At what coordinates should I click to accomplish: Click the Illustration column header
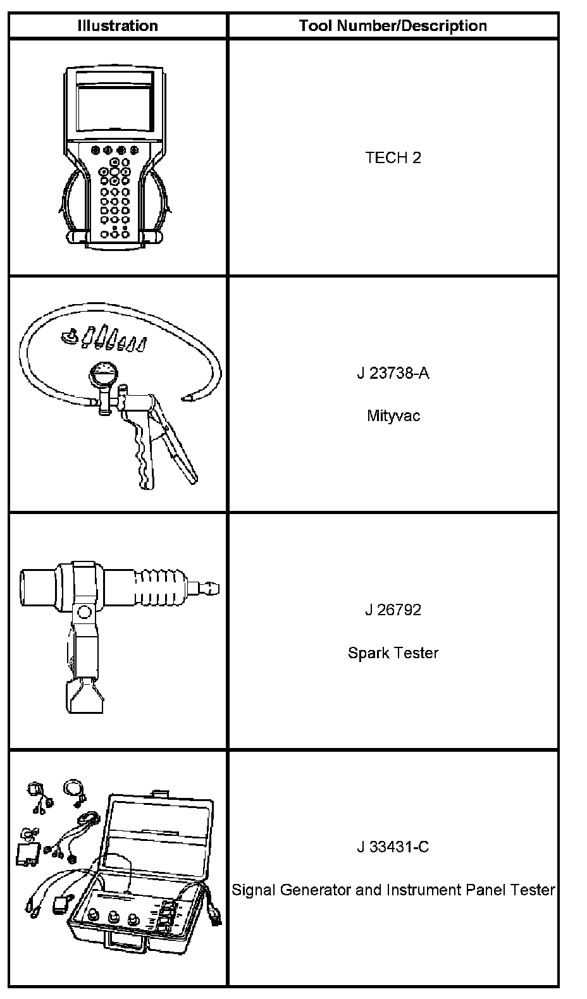pyautogui.click(x=117, y=26)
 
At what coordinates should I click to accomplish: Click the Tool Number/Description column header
pyautogui.click(x=393, y=26)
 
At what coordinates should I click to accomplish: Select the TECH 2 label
pyautogui.click(x=393, y=157)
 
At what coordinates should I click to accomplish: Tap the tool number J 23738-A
pyautogui.click(x=393, y=372)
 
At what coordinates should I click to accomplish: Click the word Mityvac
pyautogui.click(x=393, y=416)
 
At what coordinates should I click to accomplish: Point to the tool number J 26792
pyautogui.click(x=393, y=610)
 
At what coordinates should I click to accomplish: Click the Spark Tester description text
pyautogui.click(x=393, y=653)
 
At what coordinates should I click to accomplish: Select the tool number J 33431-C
pyautogui.click(x=393, y=847)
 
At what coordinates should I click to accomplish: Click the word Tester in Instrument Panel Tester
pyautogui.click(x=534, y=890)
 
